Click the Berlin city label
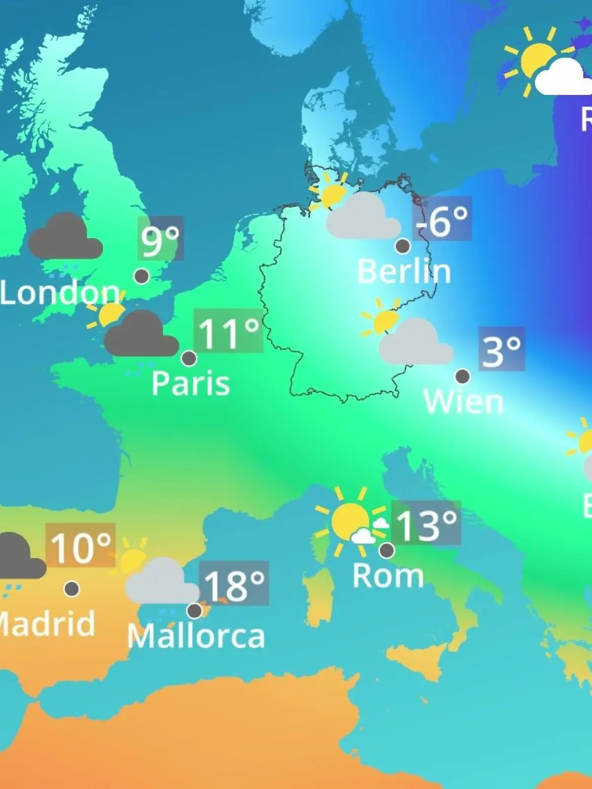click(x=404, y=271)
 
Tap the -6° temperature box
click(x=443, y=220)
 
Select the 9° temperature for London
click(x=160, y=239)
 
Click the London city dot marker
click(x=142, y=276)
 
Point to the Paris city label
click(x=190, y=383)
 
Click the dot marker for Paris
click(x=189, y=358)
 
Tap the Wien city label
click(x=463, y=401)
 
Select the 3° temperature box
click(x=501, y=349)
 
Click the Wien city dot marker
click(x=462, y=376)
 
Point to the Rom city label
click(x=388, y=575)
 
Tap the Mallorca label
click(x=196, y=636)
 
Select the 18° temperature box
click(x=234, y=584)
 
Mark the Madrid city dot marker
click(x=72, y=588)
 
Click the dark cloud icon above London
click(x=65, y=238)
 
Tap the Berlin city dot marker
click(x=403, y=246)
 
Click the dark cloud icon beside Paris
click(x=141, y=335)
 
